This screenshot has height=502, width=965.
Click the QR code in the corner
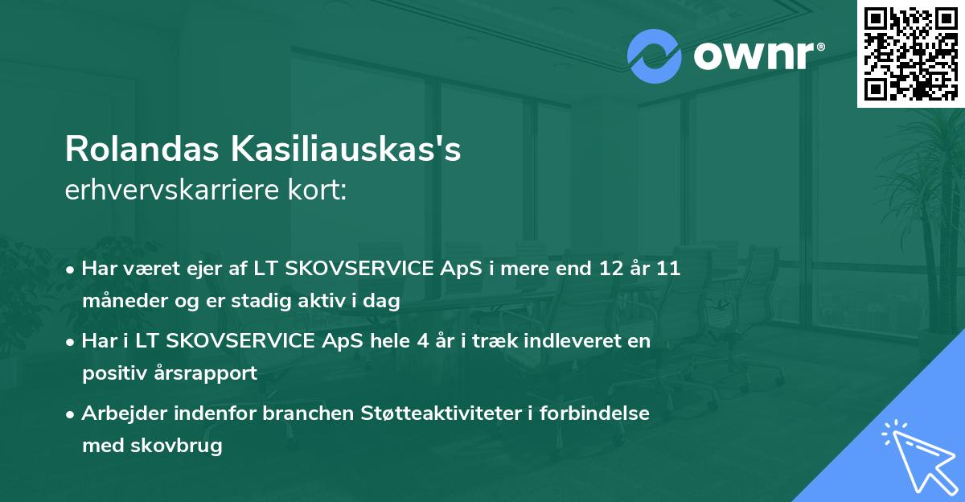coord(911,53)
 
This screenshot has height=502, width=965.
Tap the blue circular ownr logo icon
coord(655,56)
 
